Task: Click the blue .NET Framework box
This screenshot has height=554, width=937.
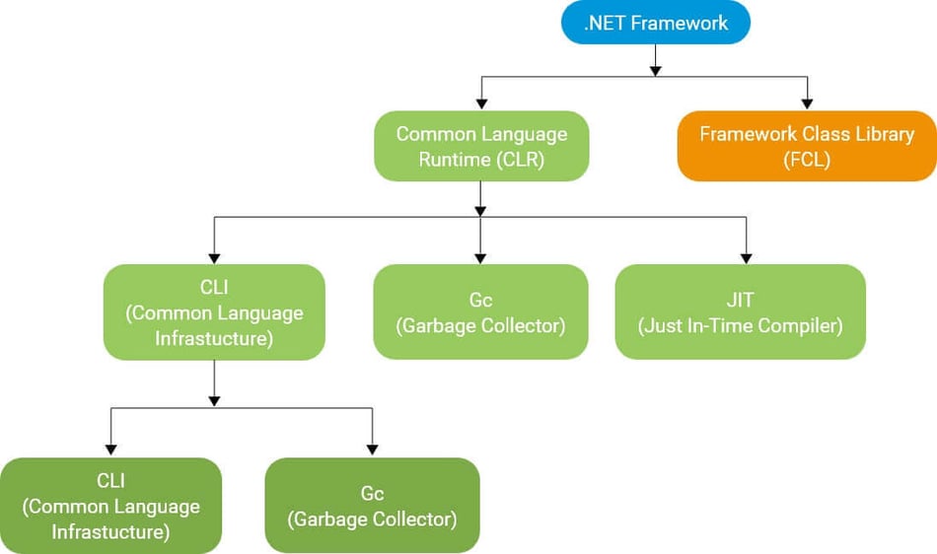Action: click(656, 23)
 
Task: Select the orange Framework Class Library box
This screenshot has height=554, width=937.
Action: click(807, 146)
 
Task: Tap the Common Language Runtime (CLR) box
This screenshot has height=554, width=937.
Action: click(481, 146)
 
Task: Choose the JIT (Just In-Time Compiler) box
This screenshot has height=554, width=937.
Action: click(740, 312)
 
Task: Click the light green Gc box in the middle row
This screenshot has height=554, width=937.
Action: click(480, 312)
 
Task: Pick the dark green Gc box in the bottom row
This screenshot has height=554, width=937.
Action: click(372, 505)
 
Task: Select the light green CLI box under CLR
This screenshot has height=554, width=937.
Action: click(214, 312)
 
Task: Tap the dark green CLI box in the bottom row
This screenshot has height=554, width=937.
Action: click(110, 505)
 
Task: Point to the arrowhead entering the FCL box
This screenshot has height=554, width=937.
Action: click(807, 103)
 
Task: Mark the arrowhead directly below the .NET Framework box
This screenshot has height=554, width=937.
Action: click(656, 68)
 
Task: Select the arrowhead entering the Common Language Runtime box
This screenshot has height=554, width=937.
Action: click(481, 103)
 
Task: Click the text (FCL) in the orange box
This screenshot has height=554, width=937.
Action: click(806, 159)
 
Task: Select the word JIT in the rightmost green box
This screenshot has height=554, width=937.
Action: click(740, 299)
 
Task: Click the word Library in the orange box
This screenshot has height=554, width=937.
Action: click(881, 134)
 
